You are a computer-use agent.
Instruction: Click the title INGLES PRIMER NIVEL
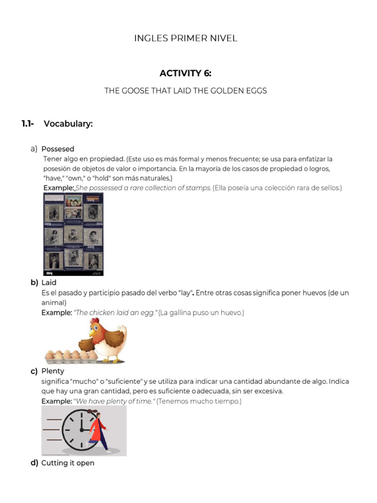[186, 38]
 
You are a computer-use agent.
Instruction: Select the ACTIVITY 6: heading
[186, 74]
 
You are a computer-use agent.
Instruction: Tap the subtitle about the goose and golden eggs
[186, 91]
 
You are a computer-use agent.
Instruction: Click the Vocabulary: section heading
[68, 124]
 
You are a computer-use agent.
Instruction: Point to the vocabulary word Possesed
[58, 149]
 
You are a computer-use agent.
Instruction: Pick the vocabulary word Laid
[49, 282]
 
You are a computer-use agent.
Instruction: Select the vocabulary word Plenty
[53, 371]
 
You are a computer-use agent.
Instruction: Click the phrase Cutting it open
[68, 463]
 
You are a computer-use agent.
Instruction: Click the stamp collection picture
[73, 234]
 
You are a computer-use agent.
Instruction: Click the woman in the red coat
[98, 431]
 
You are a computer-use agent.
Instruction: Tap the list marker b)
[34, 282]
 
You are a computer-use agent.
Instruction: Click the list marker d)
[34, 463]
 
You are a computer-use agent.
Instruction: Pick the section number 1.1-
[27, 124]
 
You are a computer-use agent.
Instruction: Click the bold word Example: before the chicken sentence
[56, 312]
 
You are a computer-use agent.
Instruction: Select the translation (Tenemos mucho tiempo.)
[199, 401]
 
